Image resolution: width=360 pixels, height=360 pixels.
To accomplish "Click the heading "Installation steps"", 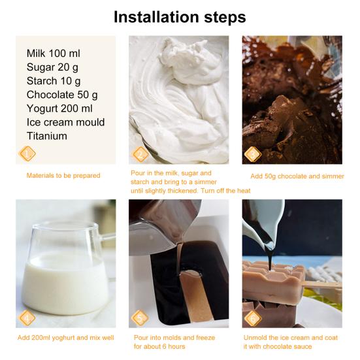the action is (180, 17).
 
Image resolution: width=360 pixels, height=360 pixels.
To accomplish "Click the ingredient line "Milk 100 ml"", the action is (54, 54).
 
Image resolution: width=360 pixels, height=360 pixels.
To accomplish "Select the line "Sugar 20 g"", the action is (52, 67).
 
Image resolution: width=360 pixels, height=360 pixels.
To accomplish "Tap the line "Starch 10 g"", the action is (54, 81).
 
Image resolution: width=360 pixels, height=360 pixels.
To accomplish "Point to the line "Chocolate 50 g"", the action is (62, 95).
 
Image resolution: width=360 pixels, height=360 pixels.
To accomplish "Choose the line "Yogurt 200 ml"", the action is (59, 108).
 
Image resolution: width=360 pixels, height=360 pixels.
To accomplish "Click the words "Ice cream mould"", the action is (65, 122).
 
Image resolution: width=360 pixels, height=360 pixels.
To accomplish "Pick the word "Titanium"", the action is (47, 136).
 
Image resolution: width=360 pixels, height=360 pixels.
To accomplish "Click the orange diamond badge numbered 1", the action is (27, 154).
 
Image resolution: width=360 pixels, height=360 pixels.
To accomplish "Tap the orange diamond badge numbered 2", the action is (140, 154).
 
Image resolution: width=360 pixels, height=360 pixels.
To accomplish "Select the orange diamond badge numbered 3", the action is (253, 154).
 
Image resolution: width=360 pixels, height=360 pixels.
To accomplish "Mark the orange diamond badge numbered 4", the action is (27, 318).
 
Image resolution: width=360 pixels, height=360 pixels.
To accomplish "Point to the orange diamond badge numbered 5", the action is (140, 318).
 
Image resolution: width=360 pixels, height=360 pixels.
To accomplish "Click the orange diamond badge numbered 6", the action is (253, 318).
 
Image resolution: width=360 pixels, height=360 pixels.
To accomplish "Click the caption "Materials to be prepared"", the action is (63, 176).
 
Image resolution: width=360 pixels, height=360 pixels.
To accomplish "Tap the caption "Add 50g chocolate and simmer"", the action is (297, 176).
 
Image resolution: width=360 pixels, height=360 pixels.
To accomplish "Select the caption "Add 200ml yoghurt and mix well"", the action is (66, 338).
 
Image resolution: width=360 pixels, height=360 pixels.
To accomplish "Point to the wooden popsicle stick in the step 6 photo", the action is (321, 286).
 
